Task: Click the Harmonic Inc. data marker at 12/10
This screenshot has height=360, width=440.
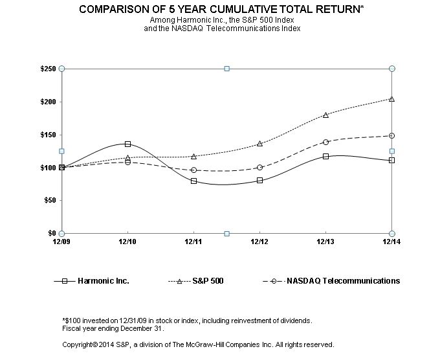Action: point(127,144)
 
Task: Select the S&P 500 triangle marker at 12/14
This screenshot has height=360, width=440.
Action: point(391,98)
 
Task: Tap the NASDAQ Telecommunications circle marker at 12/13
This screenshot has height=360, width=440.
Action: point(325,142)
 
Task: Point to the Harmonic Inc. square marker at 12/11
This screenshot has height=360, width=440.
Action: point(193,181)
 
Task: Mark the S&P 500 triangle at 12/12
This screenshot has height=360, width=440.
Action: point(259,143)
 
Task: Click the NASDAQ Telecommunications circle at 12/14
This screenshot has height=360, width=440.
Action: point(391,135)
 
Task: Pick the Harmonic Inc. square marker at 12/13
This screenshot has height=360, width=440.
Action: point(325,156)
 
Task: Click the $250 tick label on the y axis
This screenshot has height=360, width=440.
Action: point(47,69)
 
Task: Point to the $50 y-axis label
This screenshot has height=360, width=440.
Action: point(49,200)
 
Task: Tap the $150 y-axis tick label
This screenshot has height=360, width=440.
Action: point(47,135)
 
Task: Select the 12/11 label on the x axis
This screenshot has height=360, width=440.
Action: point(193,242)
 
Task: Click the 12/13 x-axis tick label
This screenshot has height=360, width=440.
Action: point(325,242)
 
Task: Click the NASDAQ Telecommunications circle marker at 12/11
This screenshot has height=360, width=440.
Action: point(193,170)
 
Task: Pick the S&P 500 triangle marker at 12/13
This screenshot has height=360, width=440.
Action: point(325,115)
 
